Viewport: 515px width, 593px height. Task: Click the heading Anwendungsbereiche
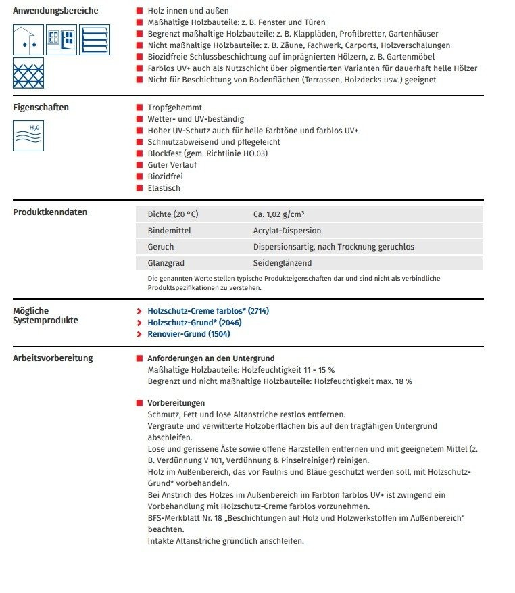(x=55, y=11)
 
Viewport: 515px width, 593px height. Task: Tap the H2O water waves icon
(x=28, y=135)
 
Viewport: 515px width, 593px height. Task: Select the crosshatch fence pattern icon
(x=28, y=73)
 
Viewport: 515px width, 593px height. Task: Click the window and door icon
(x=62, y=39)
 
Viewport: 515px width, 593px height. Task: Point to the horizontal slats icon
(x=94, y=39)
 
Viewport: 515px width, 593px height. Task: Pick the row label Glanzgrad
(x=166, y=263)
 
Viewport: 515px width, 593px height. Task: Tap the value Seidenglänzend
(x=283, y=263)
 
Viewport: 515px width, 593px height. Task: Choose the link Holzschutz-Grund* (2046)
(x=194, y=323)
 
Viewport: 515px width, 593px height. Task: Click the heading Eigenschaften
(x=41, y=107)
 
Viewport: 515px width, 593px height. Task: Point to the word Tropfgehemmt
(x=174, y=108)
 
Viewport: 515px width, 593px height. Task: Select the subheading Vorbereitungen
(x=176, y=403)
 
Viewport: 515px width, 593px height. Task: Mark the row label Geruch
(x=160, y=247)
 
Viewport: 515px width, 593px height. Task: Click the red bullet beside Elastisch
(x=139, y=188)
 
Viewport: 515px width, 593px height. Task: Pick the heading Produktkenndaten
(x=50, y=212)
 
